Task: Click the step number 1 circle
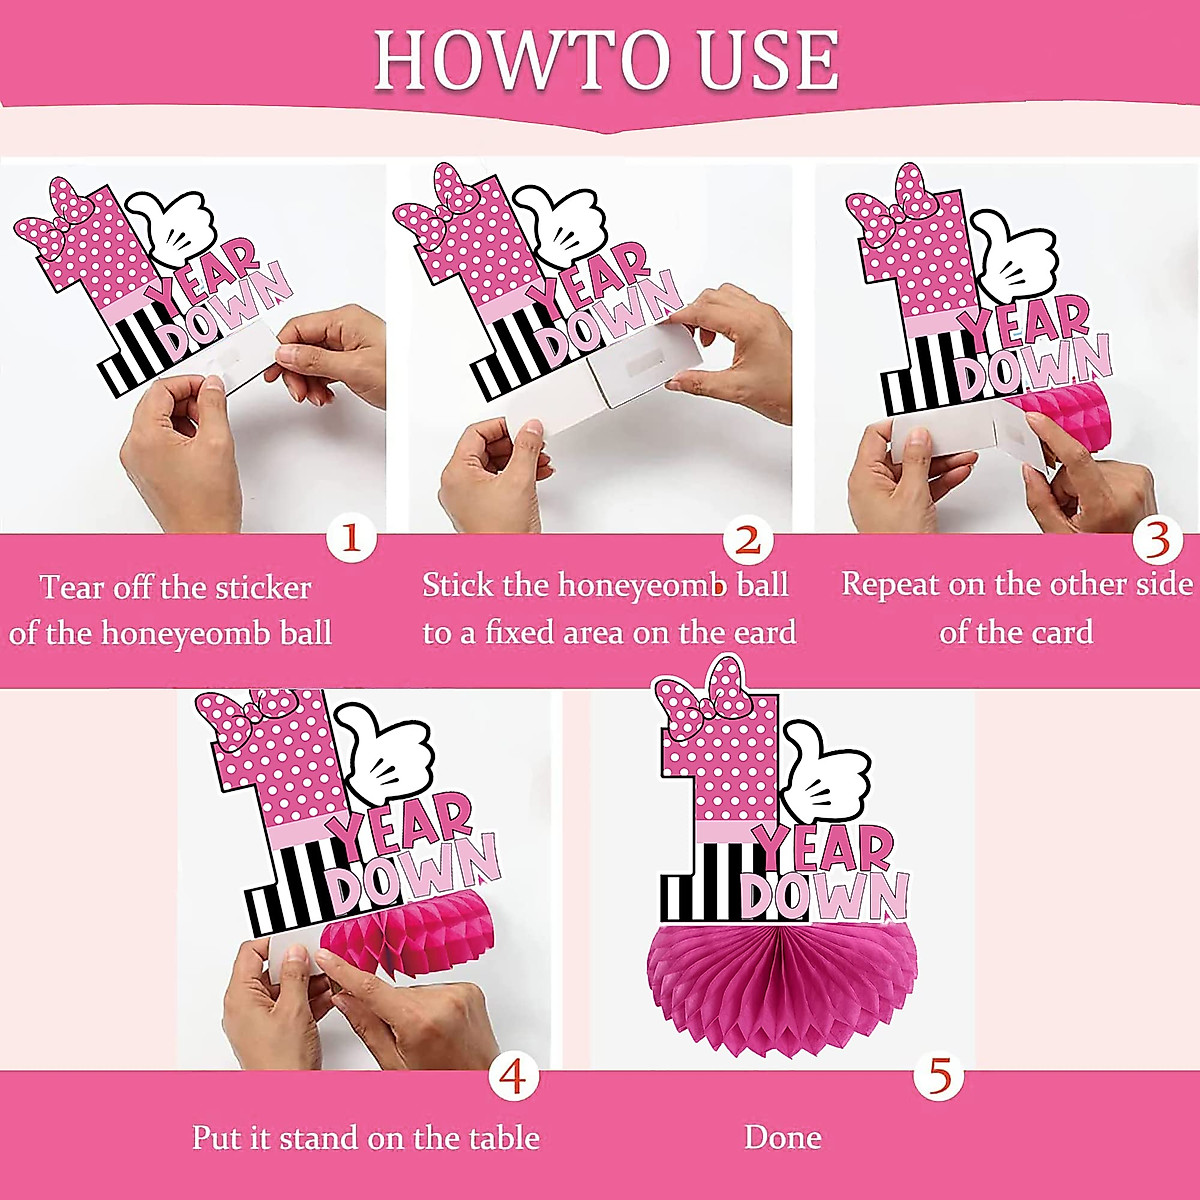(350, 540)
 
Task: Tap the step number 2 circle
(748, 540)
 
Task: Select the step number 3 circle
(1157, 540)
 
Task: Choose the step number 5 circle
(940, 1077)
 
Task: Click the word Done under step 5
(783, 1137)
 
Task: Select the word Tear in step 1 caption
(72, 586)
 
